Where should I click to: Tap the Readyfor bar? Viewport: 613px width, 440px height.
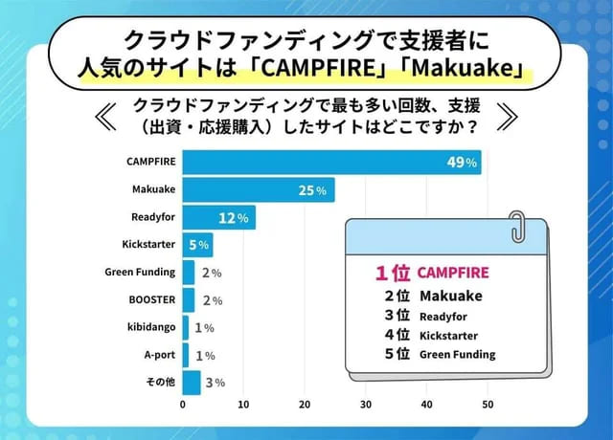[218, 218]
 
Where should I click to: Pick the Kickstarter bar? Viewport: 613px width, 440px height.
[196, 245]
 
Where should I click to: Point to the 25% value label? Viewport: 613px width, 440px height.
[312, 190]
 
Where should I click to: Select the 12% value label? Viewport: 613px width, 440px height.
[234, 218]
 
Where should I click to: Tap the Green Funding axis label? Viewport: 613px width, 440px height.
[140, 273]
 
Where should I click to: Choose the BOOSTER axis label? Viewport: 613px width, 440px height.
[151, 299]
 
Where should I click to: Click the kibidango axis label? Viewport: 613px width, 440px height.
[151, 327]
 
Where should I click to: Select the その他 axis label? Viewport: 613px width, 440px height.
[160, 383]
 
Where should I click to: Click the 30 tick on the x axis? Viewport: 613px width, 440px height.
[366, 406]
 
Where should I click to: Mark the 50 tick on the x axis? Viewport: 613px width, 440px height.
[488, 406]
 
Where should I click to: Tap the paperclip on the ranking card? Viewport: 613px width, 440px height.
[518, 227]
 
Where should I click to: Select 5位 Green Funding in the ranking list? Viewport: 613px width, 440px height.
[440, 354]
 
